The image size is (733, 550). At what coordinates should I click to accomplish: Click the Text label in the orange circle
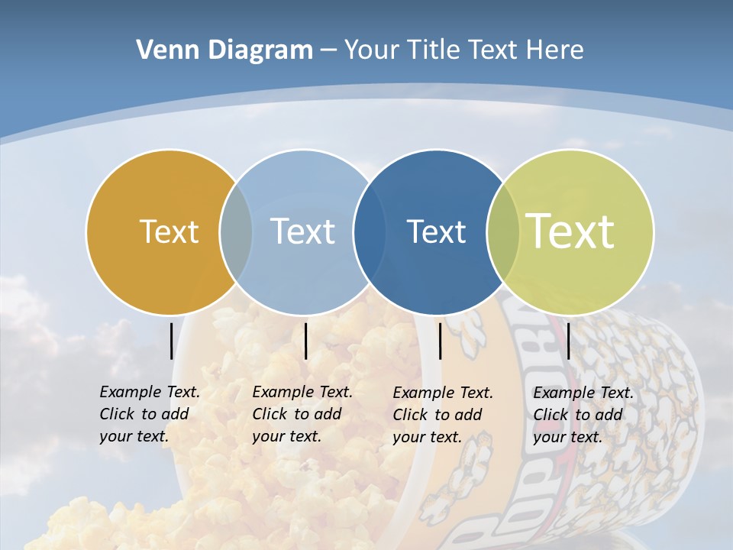coord(169,231)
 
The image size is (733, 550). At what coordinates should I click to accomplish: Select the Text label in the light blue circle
coord(302,231)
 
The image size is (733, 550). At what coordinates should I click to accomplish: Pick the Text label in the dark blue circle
coord(436,231)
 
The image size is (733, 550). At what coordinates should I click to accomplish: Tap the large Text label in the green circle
coord(570,231)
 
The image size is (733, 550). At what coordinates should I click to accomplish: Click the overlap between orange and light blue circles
coord(236,231)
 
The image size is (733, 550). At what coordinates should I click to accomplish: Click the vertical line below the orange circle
coord(171,341)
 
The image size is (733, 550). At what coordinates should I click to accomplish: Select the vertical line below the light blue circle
coord(305,341)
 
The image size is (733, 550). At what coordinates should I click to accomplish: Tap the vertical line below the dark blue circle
coord(440,341)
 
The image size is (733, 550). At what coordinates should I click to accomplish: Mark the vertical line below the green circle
coord(569,341)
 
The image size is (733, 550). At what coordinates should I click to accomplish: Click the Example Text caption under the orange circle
coord(150,414)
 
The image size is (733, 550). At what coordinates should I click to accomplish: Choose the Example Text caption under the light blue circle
coord(302,414)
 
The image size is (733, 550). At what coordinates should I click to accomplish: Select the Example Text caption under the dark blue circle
coord(443,415)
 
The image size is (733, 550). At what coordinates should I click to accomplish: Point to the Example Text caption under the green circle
coord(583,415)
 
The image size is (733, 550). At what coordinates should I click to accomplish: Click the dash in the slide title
coord(328,50)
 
